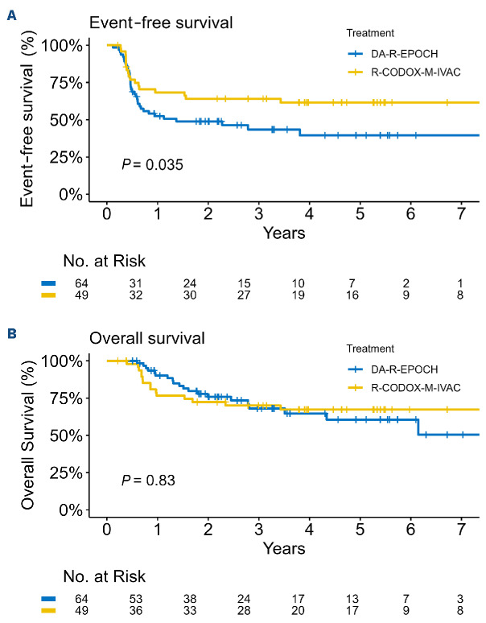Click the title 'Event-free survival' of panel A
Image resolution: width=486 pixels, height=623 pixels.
point(161,23)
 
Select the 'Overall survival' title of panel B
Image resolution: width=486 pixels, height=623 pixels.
point(147,338)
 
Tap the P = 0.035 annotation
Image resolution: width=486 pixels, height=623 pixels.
point(152,164)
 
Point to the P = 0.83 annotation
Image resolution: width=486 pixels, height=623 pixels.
point(148,480)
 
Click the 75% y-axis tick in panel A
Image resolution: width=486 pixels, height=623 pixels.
point(66,83)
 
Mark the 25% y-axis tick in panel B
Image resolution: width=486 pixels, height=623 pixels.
point(66,472)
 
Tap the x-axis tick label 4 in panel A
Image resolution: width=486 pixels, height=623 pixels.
point(309,214)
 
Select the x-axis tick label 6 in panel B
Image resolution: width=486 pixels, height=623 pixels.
point(410,530)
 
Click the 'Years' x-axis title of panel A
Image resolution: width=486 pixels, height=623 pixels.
point(284,233)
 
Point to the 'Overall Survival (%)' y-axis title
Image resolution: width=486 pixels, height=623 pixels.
point(28,435)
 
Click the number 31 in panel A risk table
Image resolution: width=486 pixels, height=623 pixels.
point(135,283)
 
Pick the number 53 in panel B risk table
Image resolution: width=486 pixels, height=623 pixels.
point(135,598)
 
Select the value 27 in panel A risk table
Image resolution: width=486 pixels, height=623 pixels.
point(244,295)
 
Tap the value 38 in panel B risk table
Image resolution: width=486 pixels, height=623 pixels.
point(190,598)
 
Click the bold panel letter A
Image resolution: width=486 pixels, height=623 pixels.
point(12,16)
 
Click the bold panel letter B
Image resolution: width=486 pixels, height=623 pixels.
point(12,333)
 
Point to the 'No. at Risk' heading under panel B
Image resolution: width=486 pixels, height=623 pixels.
point(104,576)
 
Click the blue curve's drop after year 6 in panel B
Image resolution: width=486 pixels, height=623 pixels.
point(418,427)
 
